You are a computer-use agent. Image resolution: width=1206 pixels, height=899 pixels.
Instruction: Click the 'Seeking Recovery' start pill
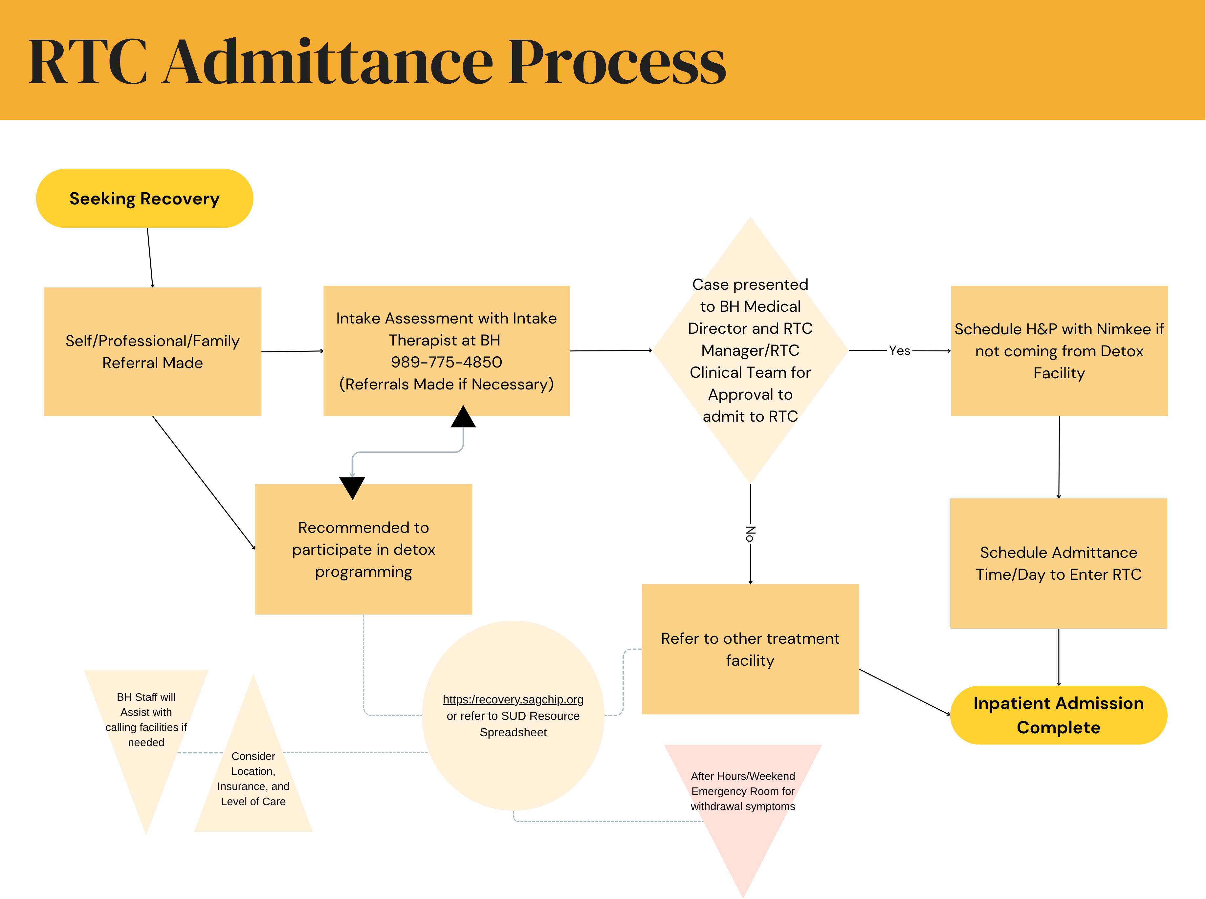tap(144, 199)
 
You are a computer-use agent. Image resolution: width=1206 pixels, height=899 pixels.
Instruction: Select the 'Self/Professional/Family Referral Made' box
tap(152, 351)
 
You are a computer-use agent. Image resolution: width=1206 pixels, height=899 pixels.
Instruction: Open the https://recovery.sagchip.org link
tap(513, 700)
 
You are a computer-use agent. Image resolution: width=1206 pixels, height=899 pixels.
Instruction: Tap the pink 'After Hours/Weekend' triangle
tap(743, 792)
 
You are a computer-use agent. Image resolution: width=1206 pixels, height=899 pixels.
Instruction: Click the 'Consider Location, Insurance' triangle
tap(253, 779)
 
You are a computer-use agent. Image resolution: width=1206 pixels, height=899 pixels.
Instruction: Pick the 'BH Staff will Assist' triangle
tap(146, 720)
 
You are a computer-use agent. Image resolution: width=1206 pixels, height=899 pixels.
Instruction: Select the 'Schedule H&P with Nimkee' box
tap(1059, 351)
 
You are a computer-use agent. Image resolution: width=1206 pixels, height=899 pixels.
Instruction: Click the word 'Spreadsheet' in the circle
tap(513, 732)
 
